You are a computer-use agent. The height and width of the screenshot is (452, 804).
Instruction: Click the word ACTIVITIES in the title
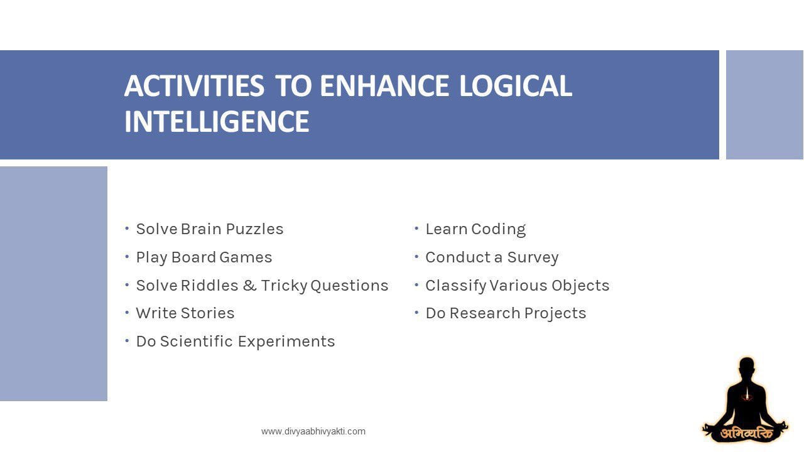tap(194, 86)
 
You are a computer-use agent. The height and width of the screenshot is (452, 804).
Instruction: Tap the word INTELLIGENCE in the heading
tap(217, 122)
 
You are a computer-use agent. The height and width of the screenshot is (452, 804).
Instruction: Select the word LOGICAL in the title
tap(515, 86)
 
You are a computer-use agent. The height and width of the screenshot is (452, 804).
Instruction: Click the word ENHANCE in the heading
tap(384, 86)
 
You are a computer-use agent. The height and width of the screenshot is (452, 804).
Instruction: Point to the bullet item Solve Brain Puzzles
tap(210, 229)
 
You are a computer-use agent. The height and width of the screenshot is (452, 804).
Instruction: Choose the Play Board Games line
tap(204, 257)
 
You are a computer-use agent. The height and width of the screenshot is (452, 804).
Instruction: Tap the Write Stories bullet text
tap(185, 313)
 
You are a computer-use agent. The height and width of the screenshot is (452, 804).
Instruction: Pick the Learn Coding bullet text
tap(475, 229)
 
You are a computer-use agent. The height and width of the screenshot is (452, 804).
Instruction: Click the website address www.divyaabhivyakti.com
tap(313, 431)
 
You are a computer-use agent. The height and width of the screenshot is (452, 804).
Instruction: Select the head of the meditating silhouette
tap(746, 368)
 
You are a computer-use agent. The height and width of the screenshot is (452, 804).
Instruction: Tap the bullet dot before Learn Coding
tap(416, 229)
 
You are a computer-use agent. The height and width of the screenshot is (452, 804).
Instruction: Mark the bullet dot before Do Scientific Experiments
tap(127, 341)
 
